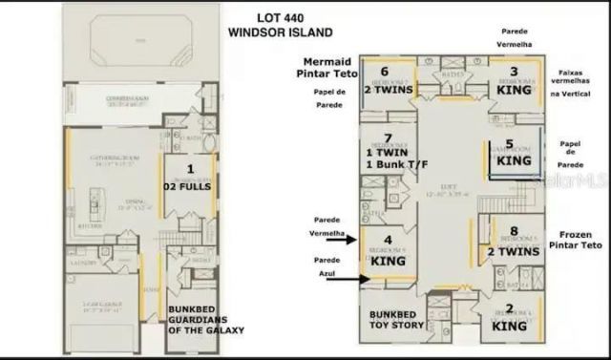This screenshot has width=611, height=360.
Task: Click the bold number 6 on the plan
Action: (x=384, y=72)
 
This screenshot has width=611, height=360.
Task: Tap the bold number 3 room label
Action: (x=513, y=72)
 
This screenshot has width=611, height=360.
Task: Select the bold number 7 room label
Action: (x=387, y=138)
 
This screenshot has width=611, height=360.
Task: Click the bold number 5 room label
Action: (x=509, y=145)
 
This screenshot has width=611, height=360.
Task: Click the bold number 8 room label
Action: (x=514, y=231)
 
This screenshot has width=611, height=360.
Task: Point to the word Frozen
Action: (x=576, y=233)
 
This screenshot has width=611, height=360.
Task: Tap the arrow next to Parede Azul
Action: (x=354, y=279)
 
